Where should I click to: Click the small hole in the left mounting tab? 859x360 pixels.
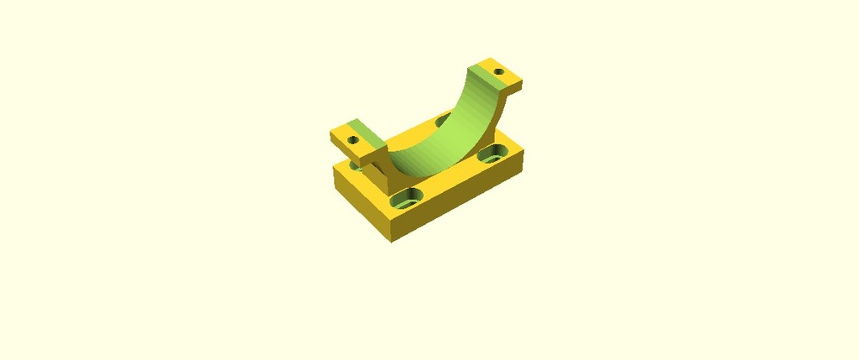(353, 141)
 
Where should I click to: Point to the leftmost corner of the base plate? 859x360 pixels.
(334, 164)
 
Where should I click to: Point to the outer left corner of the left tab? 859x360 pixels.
(332, 133)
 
